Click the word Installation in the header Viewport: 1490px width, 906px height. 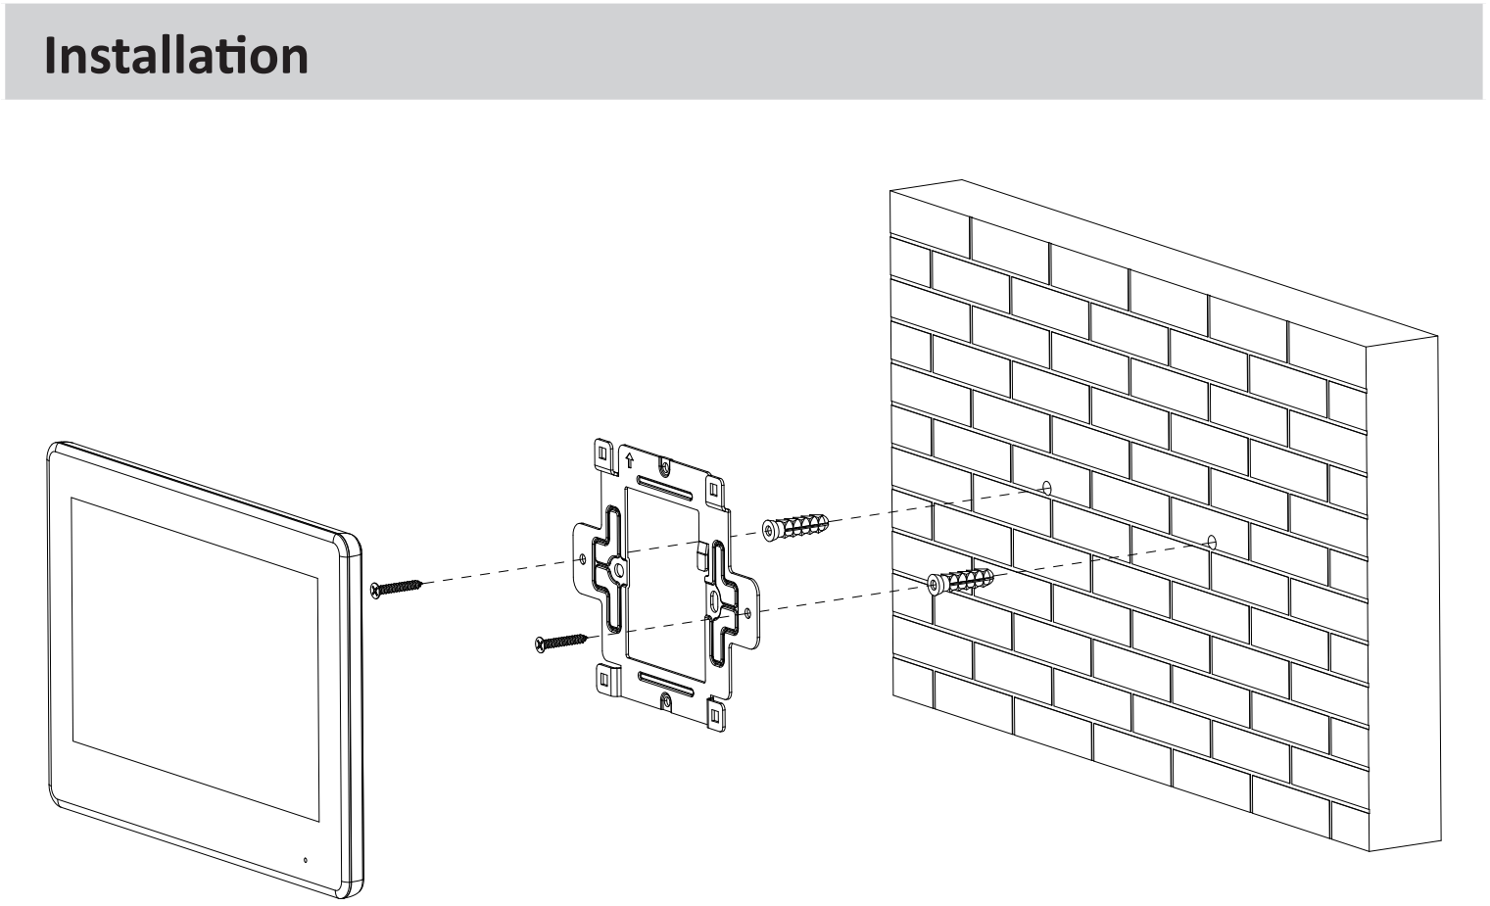[x=176, y=55]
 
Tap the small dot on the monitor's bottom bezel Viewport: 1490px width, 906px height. [x=305, y=860]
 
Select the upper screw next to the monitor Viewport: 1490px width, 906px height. [x=396, y=588]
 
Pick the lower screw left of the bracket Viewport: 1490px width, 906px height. [x=560, y=642]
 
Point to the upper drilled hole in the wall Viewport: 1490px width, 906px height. [x=1046, y=487]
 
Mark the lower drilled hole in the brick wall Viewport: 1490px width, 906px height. [x=1211, y=541]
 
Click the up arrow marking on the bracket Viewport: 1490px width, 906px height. [x=629, y=457]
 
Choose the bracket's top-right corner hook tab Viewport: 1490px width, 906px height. [x=714, y=487]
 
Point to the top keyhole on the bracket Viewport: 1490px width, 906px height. [x=665, y=465]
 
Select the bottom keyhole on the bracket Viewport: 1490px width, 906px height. [x=666, y=699]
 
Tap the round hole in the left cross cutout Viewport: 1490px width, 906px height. [x=618, y=569]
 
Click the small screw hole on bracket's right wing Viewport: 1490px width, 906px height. [x=748, y=611]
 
